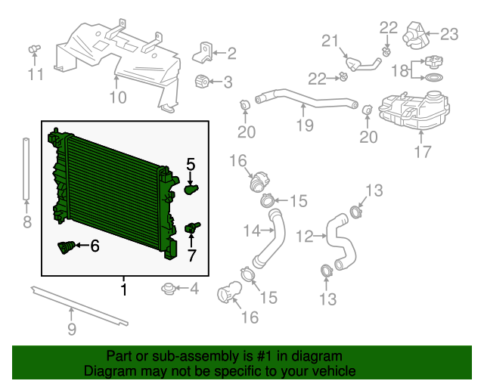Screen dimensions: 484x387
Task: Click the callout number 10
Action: pyautogui.click(x=118, y=98)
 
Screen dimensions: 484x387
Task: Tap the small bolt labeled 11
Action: pyautogui.click(x=34, y=49)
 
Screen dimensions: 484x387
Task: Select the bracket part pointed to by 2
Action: pyautogui.click(x=203, y=53)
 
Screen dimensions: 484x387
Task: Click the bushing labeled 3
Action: pyautogui.click(x=202, y=82)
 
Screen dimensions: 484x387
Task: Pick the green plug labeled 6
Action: pyautogui.click(x=66, y=247)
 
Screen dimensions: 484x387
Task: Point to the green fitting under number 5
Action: pyautogui.click(x=191, y=189)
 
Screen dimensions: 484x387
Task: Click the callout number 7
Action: pyautogui.click(x=191, y=255)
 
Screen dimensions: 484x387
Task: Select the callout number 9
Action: pyautogui.click(x=72, y=330)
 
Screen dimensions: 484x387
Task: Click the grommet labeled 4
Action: pyautogui.click(x=168, y=289)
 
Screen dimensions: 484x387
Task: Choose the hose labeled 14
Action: pyautogui.click(x=268, y=239)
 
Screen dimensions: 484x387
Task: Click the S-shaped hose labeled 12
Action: pyautogui.click(x=341, y=242)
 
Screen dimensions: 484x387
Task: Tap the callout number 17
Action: pyautogui.click(x=423, y=152)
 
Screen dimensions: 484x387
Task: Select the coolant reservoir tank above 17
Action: pyautogui.click(x=414, y=110)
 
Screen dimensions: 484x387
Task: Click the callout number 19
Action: pyautogui.click(x=305, y=125)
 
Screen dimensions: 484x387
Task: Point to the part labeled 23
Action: pyautogui.click(x=414, y=36)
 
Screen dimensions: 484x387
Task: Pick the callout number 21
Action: pyautogui.click(x=330, y=41)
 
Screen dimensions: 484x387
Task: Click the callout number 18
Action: pyautogui.click(x=400, y=70)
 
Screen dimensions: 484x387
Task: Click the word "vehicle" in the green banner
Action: pyautogui.click(x=333, y=370)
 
